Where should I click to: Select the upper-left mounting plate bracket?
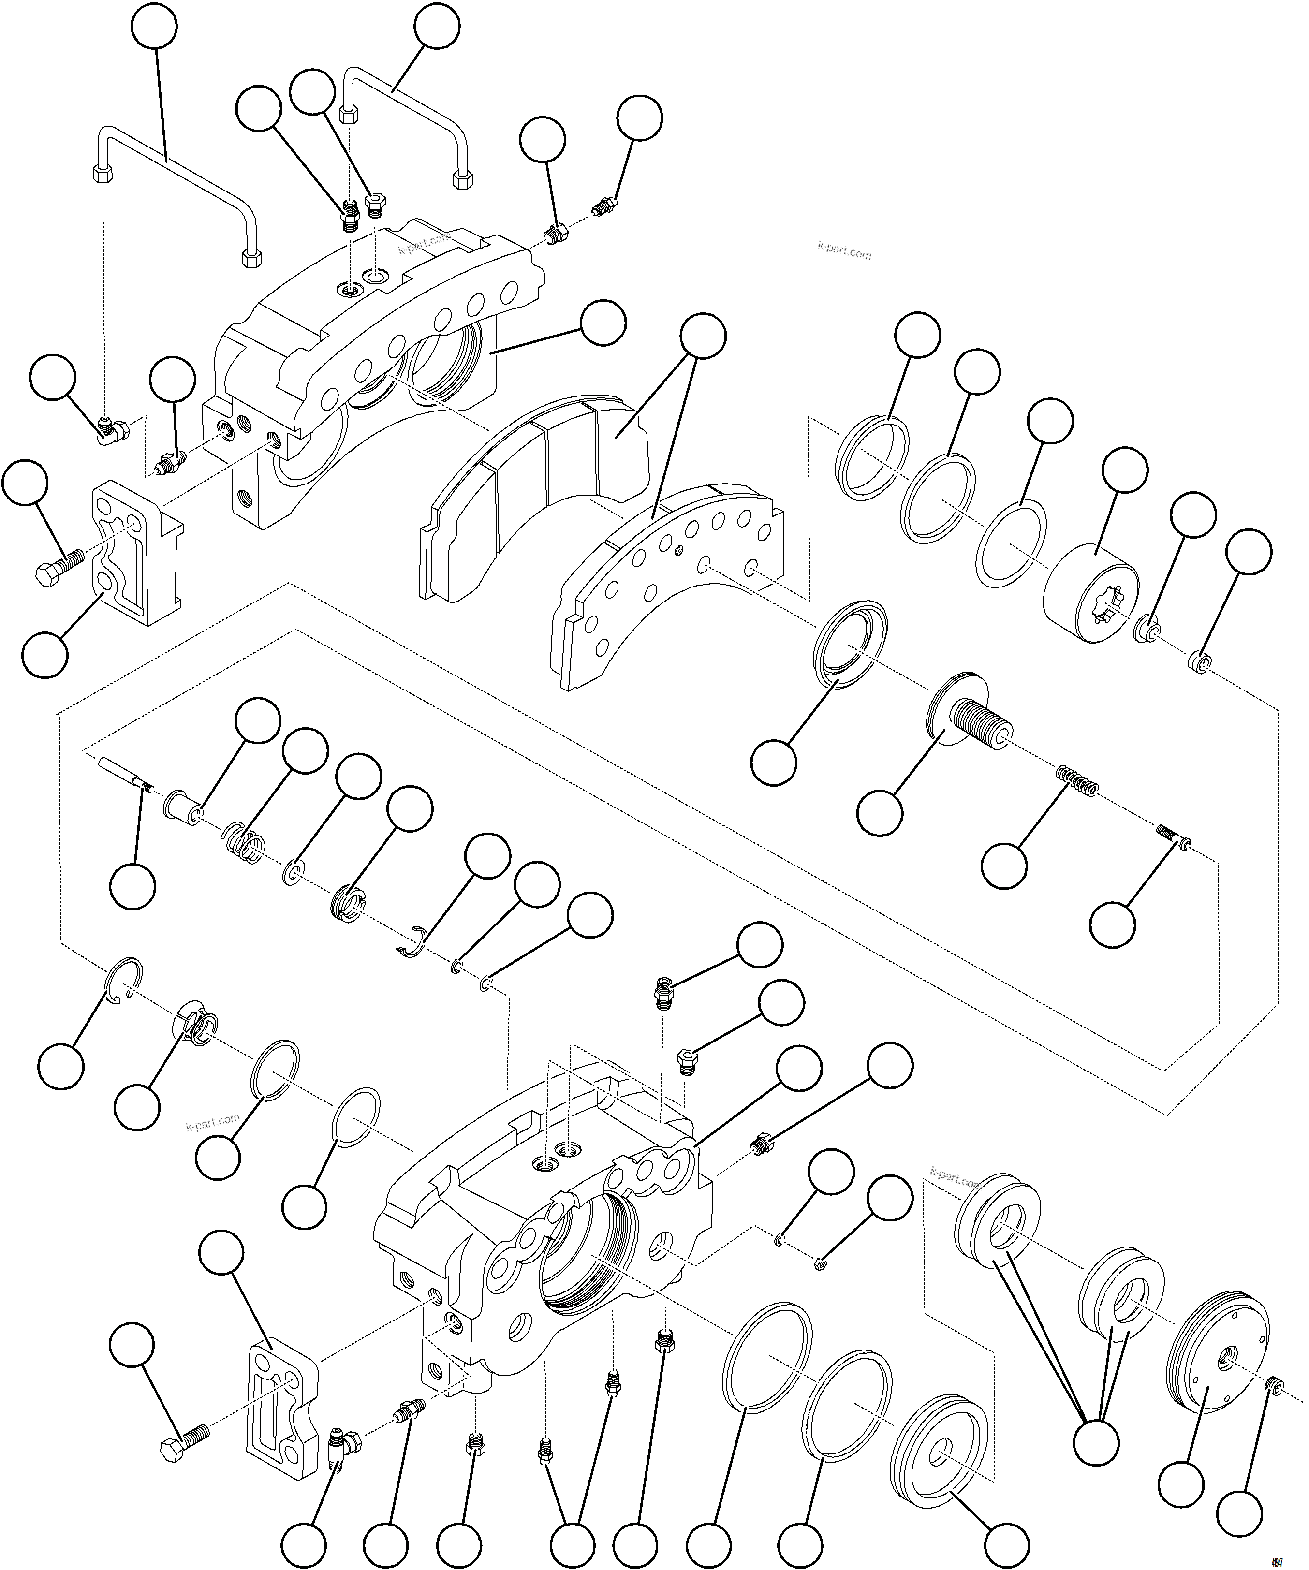(x=134, y=553)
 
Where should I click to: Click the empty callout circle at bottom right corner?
(x=1240, y=1513)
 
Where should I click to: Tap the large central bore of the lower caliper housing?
(x=590, y=1248)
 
